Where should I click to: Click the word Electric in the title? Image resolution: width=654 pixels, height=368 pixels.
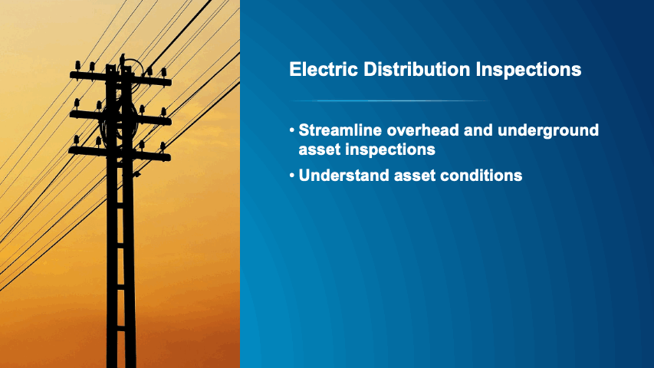(x=324, y=69)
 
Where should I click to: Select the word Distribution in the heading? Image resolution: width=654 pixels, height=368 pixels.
(x=416, y=69)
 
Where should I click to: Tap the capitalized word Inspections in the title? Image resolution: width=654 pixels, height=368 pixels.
(x=528, y=70)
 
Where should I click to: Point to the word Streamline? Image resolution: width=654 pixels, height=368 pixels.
(x=340, y=130)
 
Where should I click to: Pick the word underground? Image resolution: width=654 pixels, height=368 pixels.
(x=548, y=131)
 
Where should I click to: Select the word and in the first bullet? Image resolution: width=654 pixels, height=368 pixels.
(x=478, y=130)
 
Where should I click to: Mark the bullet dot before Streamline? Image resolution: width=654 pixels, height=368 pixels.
(x=292, y=130)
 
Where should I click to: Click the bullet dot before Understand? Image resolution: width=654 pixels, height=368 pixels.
(x=292, y=176)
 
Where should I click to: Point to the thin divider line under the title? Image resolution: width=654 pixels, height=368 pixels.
(x=390, y=101)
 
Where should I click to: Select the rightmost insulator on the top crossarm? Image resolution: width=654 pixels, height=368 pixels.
(x=164, y=73)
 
